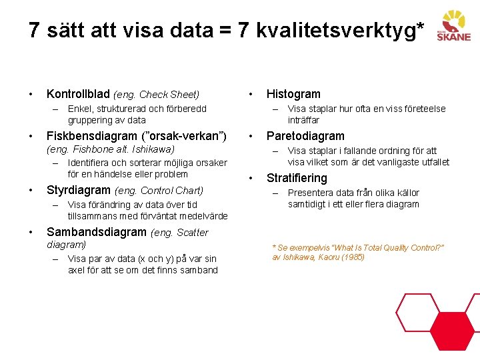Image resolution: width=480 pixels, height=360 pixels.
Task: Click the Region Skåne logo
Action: tap(453, 26)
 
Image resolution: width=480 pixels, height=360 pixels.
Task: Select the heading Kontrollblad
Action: tap(78, 95)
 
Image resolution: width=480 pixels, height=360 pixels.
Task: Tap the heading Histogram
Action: tap(293, 94)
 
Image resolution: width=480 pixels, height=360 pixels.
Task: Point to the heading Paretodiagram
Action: tap(305, 136)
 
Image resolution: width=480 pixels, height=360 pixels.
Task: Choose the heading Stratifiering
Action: tap(297, 178)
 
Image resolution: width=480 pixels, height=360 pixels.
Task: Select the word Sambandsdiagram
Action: tap(96, 232)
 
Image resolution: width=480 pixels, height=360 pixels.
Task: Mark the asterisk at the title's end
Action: tap(419, 27)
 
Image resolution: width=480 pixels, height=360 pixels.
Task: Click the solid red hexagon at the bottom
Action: tap(451, 332)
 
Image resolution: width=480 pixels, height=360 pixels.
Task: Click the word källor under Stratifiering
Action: tap(405, 193)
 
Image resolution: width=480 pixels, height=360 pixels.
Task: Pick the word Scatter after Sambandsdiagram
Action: tap(192, 233)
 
